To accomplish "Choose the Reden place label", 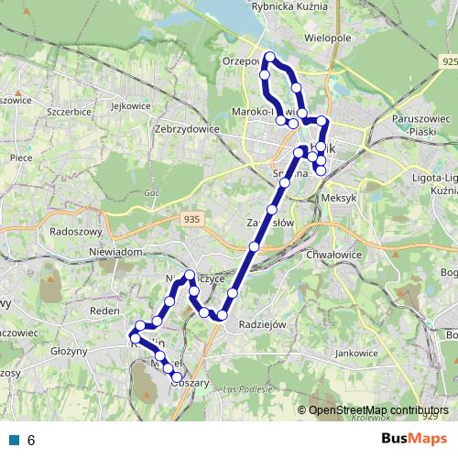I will (x=105, y=311).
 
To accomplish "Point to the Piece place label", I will (x=21, y=157).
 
